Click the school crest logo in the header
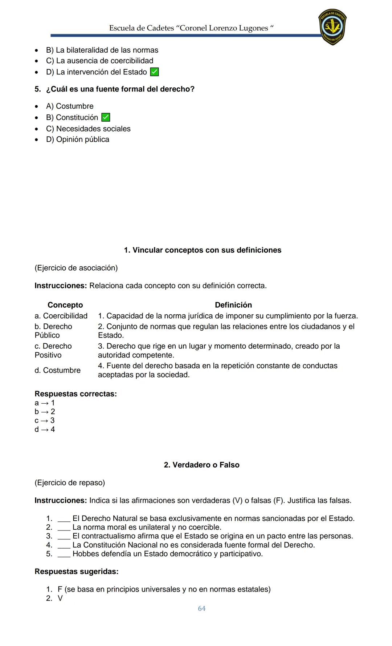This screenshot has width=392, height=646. click(332, 27)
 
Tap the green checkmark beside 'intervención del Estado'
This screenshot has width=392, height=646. click(154, 72)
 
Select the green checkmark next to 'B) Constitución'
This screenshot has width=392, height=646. click(106, 117)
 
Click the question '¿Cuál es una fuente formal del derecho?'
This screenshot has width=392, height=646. click(120, 89)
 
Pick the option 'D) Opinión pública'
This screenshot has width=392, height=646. click(78, 140)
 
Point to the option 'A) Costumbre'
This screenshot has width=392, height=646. click(70, 106)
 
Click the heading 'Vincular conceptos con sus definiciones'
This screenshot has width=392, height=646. click(203, 250)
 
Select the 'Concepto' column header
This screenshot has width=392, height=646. click(65, 305)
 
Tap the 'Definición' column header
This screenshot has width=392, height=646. click(233, 305)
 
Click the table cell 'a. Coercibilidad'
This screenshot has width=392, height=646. click(61, 316)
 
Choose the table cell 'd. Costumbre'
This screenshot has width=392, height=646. click(57, 370)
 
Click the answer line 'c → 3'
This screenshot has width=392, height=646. click(45, 420)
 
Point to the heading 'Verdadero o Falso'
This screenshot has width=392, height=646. click(201, 465)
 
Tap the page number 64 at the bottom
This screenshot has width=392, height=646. click(201, 608)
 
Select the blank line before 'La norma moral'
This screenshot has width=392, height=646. click(64, 528)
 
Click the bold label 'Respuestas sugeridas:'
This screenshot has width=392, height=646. click(76, 572)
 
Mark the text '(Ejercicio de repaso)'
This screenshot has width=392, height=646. click(70, 483)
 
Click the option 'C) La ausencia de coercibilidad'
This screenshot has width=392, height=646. click(99, 61)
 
